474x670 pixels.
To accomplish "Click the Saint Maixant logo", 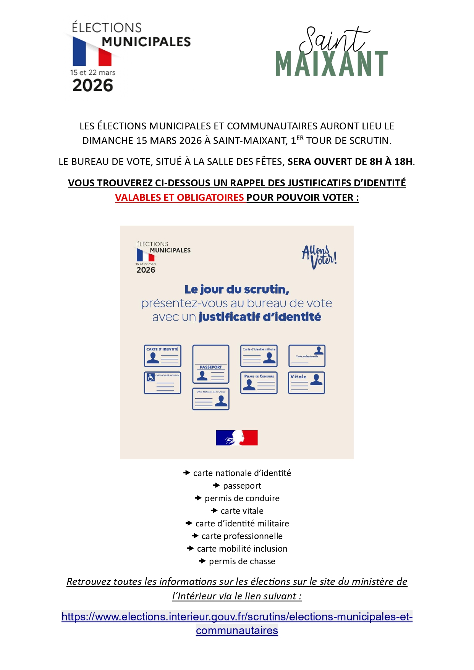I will pyautogui.click(x=332, y=53).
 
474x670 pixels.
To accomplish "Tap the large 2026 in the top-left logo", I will pyautogui.click(x=93, y=86).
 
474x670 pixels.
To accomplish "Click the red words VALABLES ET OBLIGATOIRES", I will pyautogui.click(x=180, y=198).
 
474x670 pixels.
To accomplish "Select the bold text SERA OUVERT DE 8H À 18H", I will pyautogui.click(x=350, y=162).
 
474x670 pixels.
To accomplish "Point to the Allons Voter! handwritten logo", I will pyautogui.click(x=319, y=257).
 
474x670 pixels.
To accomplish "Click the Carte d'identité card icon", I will pyautogui.click(x=162, y=356).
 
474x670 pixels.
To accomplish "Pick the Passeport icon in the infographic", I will pyautogui.click(x=211, y=364).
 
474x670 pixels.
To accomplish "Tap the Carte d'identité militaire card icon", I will pyautogui.click(x=259, y=356).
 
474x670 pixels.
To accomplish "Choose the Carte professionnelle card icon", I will pyautogui.click(x=307, y=356).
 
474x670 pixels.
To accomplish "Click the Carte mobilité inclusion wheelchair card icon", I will pyautogui.click(x=162, y=383).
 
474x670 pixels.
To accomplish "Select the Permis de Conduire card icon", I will pyautogui.click(x=259, y=383).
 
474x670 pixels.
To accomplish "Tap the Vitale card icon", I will pyautogui.click(x=306, y=383).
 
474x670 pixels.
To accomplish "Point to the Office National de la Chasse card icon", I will pyautogui.click(x=211, y=399).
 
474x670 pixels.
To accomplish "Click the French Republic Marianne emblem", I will pyautogui.click(x=237, y=438).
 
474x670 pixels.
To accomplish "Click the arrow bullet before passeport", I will pyautogui.click(x=217, y=486).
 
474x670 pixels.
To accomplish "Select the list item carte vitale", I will pyautogui.click(x=242, y=511).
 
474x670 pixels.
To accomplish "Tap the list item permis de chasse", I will pyautogui.click(x=242, y=562).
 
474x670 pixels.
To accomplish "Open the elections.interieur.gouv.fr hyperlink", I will pyautogui.click(x=237, y=617).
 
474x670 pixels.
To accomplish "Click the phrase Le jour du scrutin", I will pyautogui.click(x=237, y=290).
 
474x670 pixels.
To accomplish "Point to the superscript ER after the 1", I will pyautogui.click(x=300, y=138).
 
